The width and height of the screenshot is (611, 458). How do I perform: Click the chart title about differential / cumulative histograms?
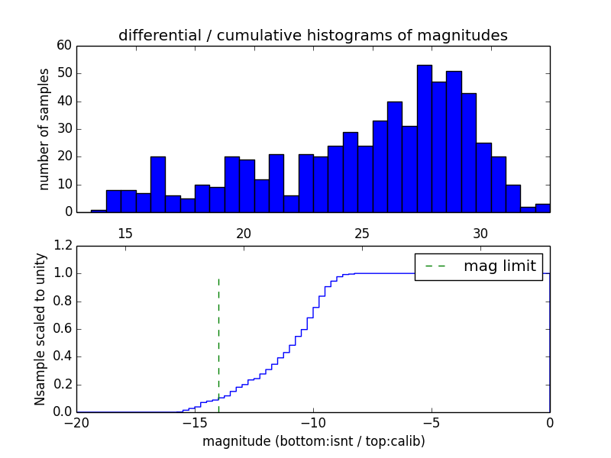[312, 35]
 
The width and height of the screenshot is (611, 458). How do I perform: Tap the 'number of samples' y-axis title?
[44, 128]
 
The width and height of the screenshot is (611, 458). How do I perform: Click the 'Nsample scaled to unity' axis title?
[40, 328]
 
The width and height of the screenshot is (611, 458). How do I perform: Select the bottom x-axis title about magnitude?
[313, 441]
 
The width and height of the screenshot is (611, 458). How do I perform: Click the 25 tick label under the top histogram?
[362, 233]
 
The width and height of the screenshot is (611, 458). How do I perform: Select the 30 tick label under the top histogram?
[480, 233]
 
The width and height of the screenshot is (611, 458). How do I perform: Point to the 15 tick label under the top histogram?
[125, 233]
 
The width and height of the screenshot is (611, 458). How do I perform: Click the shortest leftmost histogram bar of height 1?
[99, 211]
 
